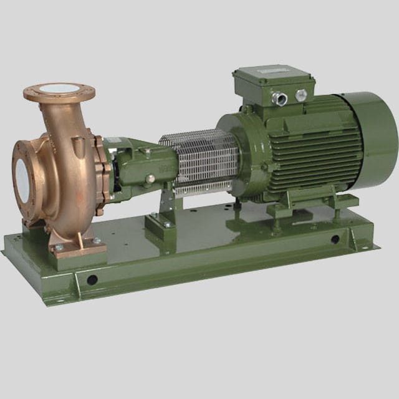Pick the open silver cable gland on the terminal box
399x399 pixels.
(x=281, y=98)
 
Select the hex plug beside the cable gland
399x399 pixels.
(x=302, y=95)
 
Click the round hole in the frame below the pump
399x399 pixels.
(x=92, y=279)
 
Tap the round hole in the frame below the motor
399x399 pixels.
(x=335, y=239)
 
